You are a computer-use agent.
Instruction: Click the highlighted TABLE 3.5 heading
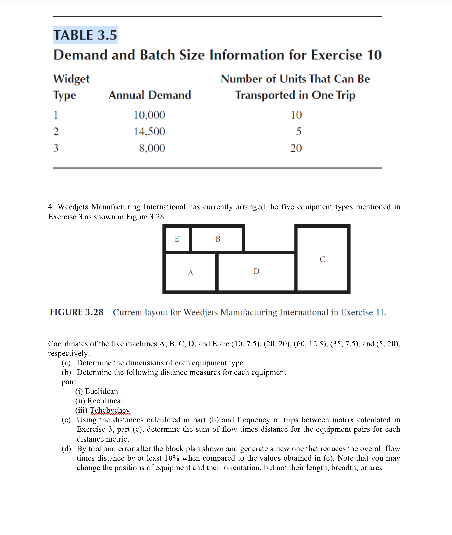click(85, 35)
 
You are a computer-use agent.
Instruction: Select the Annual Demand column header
click(150, 95)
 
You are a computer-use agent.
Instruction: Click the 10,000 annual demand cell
click(149, 115)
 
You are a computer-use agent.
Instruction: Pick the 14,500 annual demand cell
click(149, 132)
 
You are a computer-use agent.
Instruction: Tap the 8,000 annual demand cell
click(152, 148)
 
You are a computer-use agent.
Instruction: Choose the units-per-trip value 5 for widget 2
click(299, 132)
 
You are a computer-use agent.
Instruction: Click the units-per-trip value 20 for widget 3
click(296, 148)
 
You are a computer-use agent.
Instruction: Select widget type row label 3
click(56, 148)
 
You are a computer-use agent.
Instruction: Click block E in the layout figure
click(177, 239)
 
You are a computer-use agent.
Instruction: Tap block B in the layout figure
click(218, 239)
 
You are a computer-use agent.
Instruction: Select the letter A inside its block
click(190, 273)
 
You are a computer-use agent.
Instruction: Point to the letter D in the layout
click(256, 271)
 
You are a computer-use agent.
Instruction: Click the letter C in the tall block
click(322, 259)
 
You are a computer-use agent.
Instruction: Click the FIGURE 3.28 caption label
click(77, 312)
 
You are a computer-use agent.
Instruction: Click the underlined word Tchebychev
click(110, 410)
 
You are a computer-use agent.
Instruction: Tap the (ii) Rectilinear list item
click(99, 401)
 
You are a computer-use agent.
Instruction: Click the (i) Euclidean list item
click(97, 391)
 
